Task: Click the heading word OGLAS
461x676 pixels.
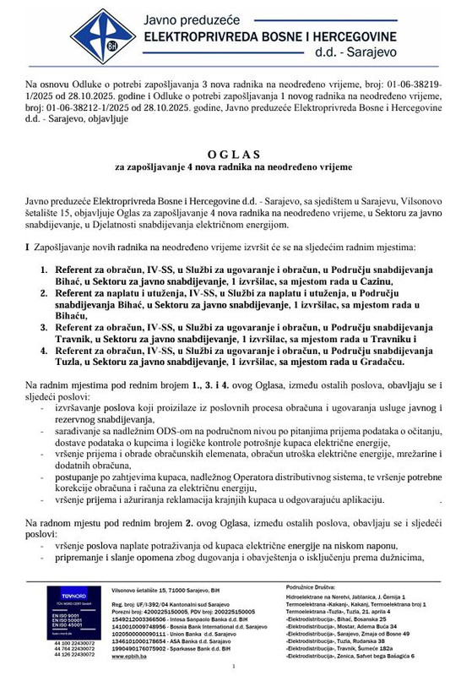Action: [230, 155]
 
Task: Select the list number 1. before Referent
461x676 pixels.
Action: [46, 270]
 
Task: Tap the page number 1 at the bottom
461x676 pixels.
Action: [230, 668]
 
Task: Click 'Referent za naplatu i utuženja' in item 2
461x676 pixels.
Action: [126, 293]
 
